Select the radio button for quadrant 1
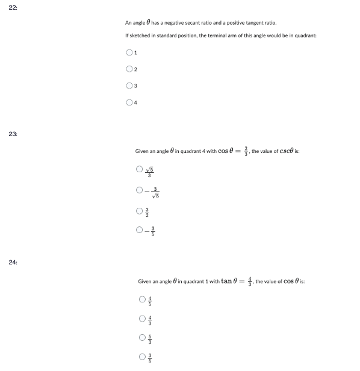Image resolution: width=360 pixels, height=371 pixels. pyautogui.click(x=129, y=52)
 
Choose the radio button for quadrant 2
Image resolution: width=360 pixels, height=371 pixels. pyautogui.click(x=129, y=69)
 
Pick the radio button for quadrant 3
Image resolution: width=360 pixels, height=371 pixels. pyautogui.click(x=129, y=86)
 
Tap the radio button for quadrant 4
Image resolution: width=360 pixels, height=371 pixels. pyautogui.click(x=129, y=103)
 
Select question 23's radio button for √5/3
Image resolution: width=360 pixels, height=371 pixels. pyautogui.click(x=140, y=170)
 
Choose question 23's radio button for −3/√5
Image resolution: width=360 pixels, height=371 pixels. pyautogui.click(x=140, y=191)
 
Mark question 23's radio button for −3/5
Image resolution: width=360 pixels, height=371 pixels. pyautogui.click(x=140, y=229)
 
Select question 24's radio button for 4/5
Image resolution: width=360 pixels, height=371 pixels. pyautogui.click(x=143, y=298)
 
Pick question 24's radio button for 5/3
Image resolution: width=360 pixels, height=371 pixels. pyautogui.click(x=143, y=338)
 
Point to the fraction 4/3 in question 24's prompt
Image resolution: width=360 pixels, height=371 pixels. pyautogui.click(x=249, y=281)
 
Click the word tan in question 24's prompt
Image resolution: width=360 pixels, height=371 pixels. pyautogui.click(x=227, y=281)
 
